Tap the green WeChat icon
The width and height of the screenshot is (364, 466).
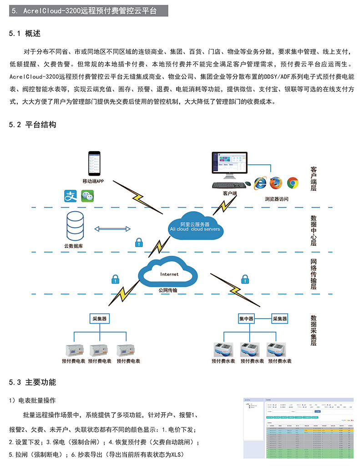87,196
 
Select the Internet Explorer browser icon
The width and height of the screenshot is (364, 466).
260,183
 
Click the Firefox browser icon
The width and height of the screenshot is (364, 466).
276,183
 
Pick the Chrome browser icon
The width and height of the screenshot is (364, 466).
292,183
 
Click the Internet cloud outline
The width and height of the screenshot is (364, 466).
169,274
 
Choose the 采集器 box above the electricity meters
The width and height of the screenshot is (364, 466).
99,319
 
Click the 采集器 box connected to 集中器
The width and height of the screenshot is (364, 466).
280,319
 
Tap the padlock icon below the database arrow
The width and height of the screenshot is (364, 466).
139,243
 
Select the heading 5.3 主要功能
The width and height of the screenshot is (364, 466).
33,381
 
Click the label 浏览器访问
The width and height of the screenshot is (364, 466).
276,199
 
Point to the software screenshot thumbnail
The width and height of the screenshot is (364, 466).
298,427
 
